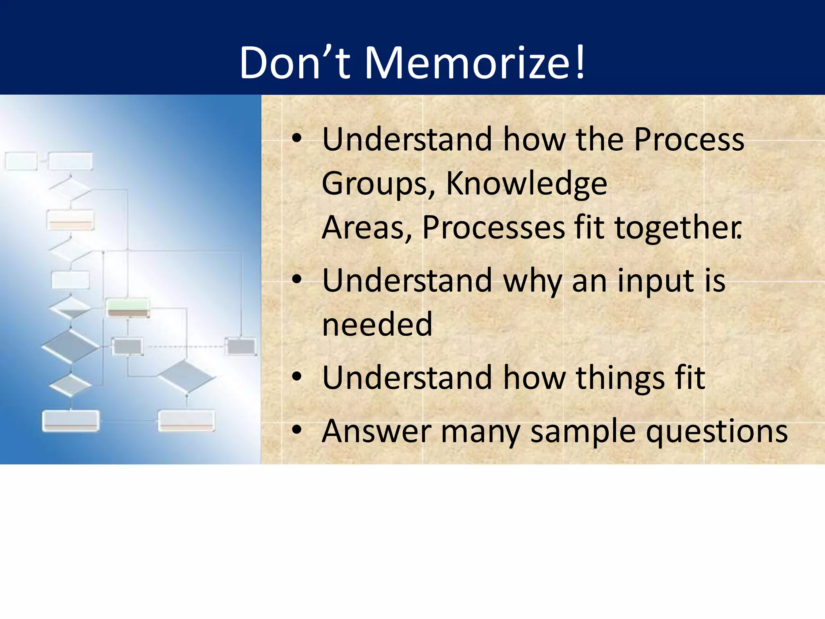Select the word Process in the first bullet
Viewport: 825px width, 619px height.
click(x=689, y=139)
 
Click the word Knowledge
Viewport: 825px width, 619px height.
click(x=527, y=184)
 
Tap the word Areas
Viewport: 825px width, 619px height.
click(x=367, y=228)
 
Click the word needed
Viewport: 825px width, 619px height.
click(x=377, y=324)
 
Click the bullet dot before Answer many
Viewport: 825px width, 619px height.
click(x=297, y=430)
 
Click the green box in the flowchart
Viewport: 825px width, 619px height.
click(x=128, y=307)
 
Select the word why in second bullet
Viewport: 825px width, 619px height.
click(x=533, y=281)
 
